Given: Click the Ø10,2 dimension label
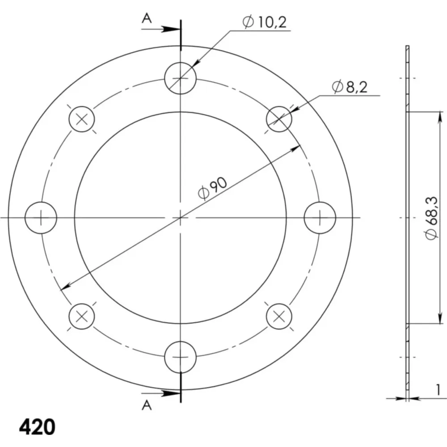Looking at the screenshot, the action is point(265,22).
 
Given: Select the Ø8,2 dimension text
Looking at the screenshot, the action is point(350,87).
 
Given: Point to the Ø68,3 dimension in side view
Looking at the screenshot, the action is point(431,218).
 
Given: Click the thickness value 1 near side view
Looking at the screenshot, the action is point(438,390).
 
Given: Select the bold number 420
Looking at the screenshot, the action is point(37,427).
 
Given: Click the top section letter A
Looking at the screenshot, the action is point(147,19).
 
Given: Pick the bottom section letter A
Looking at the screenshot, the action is point(147,405).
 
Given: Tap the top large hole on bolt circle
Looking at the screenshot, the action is point(181,78).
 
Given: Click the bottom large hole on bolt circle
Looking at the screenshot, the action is point(181,357).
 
